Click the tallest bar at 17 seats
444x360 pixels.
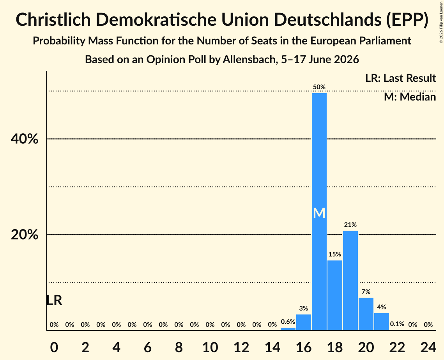coord(319,212)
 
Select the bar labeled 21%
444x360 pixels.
coord(350,280)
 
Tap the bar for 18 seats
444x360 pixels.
coord(335,295)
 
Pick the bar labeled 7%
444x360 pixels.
coord(366,314)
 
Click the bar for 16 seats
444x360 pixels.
coord(304,322)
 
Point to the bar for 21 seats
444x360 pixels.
coord(381,321)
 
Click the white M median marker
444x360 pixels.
coord(319,213)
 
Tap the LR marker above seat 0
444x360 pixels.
coord(54,300)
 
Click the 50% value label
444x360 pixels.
coord(319,87)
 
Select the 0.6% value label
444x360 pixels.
coord(288,322)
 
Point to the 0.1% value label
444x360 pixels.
coord(397,324)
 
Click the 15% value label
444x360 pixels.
coord(335,254)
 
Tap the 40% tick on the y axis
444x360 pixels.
coord(24,139)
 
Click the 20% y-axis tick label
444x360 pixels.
coord(24,235)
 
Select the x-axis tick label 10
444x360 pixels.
coord(210,347)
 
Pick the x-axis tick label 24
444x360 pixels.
coord(428,347)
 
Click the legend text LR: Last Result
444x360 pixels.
coord(400,78)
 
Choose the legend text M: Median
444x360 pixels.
coord(410,97)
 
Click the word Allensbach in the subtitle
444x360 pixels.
coord(249,60)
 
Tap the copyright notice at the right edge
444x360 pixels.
coord(441,22)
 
